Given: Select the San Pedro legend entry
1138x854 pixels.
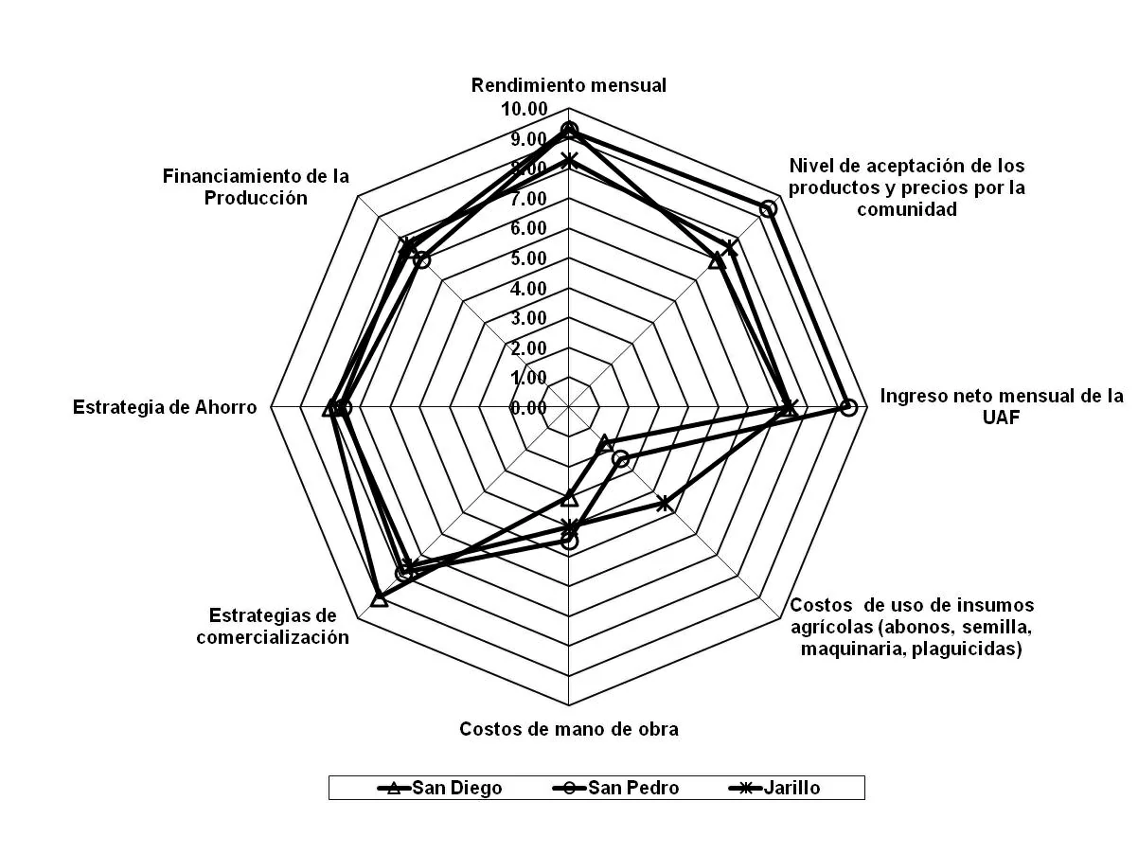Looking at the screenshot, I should (x=620, y=788).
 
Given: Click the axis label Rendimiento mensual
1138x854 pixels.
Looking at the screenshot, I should (x=569, y=85).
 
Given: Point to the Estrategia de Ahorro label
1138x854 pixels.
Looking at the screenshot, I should (x=165, y=408).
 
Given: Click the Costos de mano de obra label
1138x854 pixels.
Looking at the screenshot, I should (x=569, y=729).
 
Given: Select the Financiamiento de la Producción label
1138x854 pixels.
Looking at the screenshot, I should (x=256, y=187).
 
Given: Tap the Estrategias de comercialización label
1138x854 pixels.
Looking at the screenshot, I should (x=273, y=626).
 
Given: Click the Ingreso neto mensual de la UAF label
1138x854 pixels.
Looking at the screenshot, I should (x=1002, y=406).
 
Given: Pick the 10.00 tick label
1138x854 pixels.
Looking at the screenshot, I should (x=525, y=109).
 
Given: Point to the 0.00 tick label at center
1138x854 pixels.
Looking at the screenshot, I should (x=528, y=408).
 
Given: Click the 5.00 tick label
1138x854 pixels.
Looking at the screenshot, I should (x=528, y=258).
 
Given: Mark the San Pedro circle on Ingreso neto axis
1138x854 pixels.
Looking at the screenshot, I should (x=849, y=408).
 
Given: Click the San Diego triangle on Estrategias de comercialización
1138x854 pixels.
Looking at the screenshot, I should (x=379, y=598).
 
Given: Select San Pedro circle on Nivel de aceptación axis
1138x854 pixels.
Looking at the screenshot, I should (x=769, y=208).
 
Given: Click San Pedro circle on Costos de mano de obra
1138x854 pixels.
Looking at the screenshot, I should (x=569, y=542).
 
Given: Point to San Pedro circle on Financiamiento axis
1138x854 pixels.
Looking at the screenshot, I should (x=423, y=260).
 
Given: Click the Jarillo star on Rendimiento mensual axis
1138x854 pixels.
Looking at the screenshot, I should (x=569, y=160).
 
